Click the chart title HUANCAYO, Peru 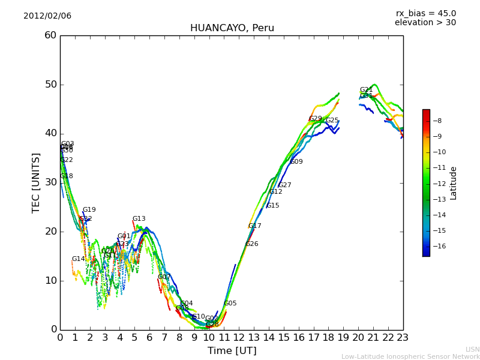(232, 28)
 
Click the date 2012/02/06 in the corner (47, 16)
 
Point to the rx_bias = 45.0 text (425, 13)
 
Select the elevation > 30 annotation (425, 23)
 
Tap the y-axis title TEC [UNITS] (36, 182)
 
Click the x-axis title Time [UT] (232, 351)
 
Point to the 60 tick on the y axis (50, 35)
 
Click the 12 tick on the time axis (239, 338)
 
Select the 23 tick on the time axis (403, 338)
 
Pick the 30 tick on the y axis (50, 182)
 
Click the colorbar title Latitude (454, 182)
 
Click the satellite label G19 (89, 210)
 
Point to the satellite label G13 (139, 219)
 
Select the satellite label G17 (254, 226)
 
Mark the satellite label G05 (230, 304)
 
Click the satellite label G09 (296, 162)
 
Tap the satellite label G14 (78, 259)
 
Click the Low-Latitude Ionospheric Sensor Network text (410, 356)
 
